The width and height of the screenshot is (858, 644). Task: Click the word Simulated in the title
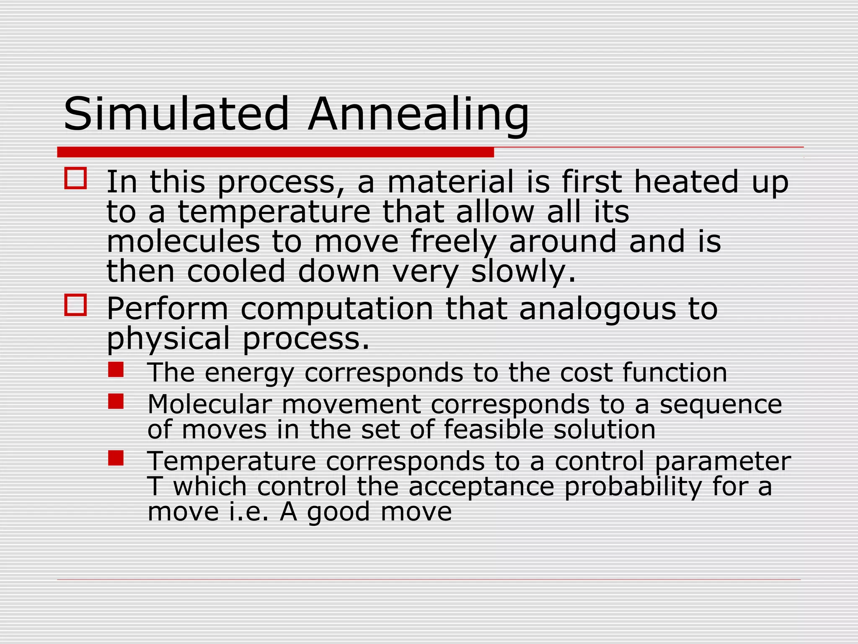(176, 114)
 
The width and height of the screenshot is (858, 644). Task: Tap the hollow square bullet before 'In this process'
(75, 178)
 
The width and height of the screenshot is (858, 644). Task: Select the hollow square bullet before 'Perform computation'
(75, 305)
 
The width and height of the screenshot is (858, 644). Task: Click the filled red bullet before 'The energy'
(116, 370)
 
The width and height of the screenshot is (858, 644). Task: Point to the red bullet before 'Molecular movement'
(116, 401)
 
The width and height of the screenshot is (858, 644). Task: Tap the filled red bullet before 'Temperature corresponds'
(116, 458)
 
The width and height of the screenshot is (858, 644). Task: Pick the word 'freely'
(453, 243)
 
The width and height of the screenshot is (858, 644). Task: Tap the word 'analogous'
(597, 310)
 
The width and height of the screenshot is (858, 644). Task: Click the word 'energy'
(250, 373)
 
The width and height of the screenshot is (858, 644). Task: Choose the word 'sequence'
(721, 405)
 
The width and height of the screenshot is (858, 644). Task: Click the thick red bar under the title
(275, 152)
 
